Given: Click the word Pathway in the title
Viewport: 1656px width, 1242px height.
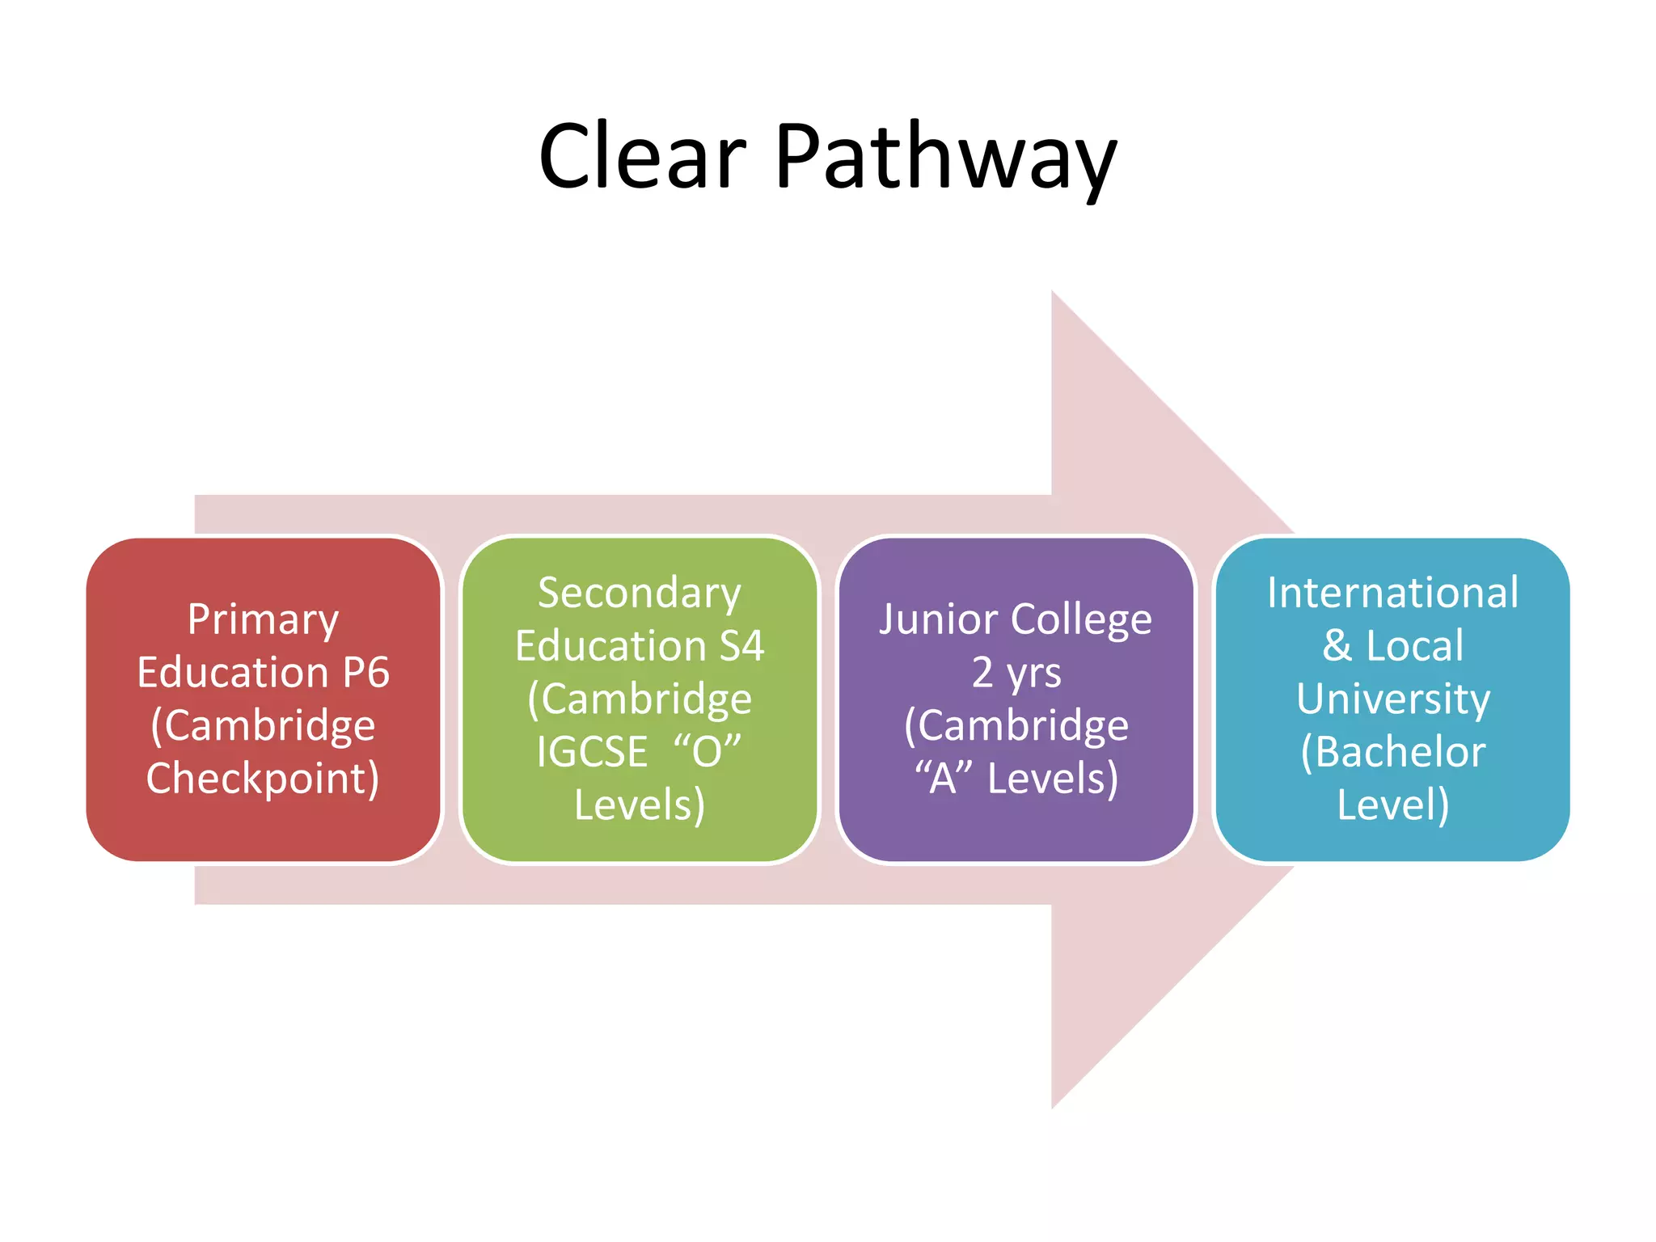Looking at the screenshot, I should pos(945,158).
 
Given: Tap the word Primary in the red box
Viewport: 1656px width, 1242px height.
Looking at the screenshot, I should pos(263,620).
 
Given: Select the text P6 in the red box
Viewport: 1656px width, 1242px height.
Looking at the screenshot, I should pos(365,673).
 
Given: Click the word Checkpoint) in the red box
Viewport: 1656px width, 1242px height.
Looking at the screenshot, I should pos(263,779).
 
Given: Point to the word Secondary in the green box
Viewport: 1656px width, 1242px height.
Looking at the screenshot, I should pos(639,594).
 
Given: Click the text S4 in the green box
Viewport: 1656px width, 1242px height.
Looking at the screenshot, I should pos(741,646).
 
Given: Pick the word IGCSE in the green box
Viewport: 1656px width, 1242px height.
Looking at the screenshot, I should pos(592,752).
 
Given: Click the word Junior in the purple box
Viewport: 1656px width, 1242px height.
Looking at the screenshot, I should pos(937,620).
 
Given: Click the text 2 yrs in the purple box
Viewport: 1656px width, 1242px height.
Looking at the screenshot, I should pos(1016,673).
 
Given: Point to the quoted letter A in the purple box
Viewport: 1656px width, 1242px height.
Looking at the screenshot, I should pos(943,778).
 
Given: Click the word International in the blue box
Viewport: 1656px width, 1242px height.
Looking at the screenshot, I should pos(1392,594).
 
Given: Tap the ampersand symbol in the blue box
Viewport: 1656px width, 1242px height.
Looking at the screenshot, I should pos(1337,646).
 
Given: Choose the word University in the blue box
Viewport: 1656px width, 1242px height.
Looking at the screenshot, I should pos(1392,699).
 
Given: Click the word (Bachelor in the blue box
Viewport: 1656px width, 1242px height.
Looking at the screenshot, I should pos(1392,752).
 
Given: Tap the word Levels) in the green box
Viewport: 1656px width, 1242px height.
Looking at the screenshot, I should pos(639,805).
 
